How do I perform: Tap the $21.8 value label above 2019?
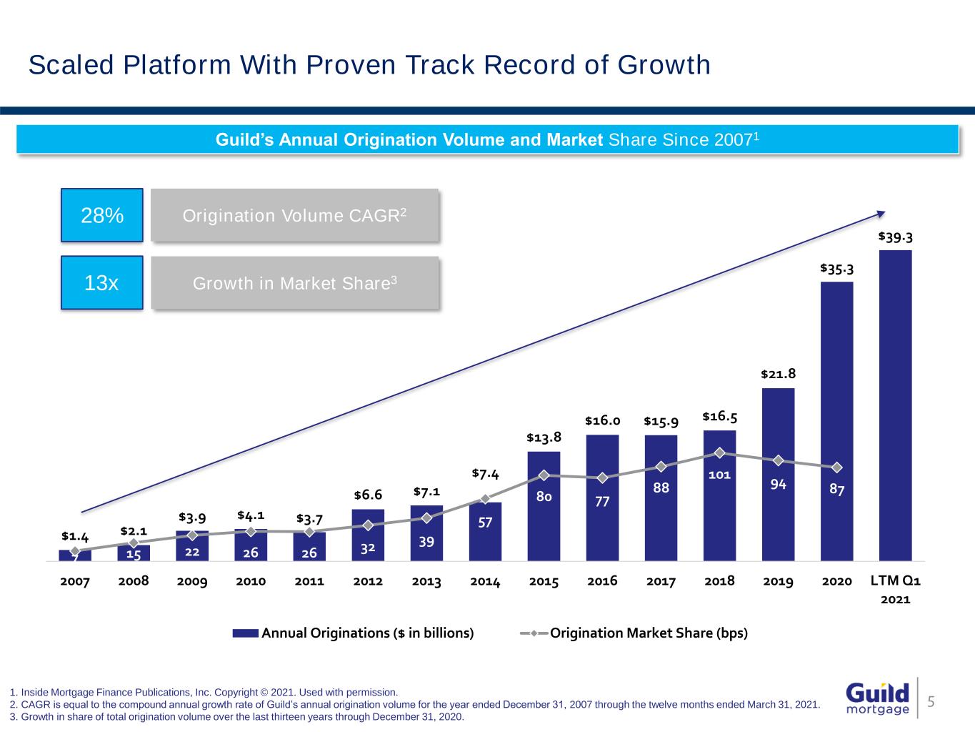tap(778, 374)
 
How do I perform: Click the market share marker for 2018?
tap(719, 452)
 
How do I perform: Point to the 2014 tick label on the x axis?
tap(485, 582)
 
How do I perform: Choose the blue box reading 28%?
tap(101, 215)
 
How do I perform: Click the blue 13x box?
tap(101, 283)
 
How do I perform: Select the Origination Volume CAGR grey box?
tap(294, 215)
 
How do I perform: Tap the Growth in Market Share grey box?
tap(294, 283)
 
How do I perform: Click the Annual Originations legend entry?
tap(354, 633)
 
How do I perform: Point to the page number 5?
tap(931, 701)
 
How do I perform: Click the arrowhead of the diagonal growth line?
tap(882, 212)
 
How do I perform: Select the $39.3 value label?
tap(895, 237)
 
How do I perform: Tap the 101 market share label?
tap(719, 475)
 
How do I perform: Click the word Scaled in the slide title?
tap(71, 65)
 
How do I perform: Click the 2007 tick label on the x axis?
tap(75, 582)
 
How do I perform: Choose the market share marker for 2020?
tap(836, 468)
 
